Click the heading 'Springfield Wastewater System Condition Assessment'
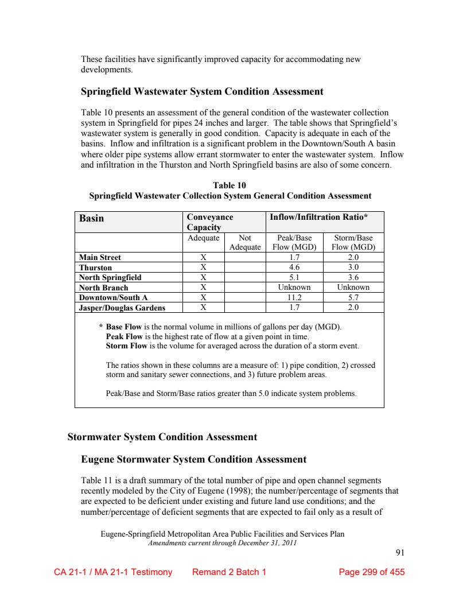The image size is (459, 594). tap(202, 92)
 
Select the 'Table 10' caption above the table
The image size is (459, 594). tap(229, 185)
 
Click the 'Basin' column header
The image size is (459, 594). tap(92, 218)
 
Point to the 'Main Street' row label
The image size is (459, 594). tap(100, 258)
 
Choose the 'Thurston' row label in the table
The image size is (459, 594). tap(96, 267)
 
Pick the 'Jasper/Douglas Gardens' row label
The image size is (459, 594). tap(122, 308)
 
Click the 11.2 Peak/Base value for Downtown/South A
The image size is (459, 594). tap(294, 297)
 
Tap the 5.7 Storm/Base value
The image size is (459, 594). tap(353, 297)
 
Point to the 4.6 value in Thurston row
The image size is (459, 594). tap(294, 267)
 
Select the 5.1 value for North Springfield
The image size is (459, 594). tap(294, 277)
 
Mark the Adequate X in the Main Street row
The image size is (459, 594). tap(203, 258)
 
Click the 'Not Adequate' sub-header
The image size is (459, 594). tap(245, 242)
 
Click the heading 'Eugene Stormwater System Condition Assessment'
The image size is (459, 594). tap(194, 460)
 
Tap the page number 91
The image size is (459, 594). tap(400, 553)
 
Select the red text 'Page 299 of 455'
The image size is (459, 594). tap(372, 572)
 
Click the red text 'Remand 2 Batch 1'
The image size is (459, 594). tap(229, 572)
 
